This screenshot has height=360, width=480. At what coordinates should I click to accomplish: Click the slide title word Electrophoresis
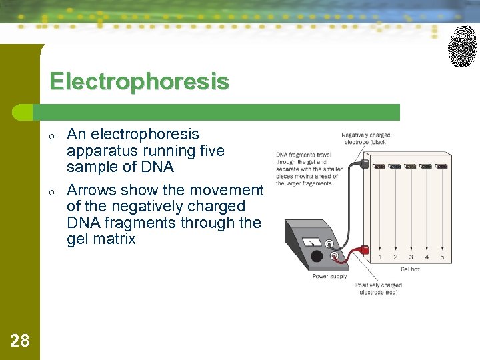[139, 82]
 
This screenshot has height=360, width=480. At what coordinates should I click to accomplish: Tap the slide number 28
[20, 341]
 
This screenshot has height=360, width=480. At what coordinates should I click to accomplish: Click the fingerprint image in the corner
[462, 46]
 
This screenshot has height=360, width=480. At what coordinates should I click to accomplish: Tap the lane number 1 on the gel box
[380, 257]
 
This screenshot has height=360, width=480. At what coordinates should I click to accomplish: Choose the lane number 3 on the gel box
[411, 257]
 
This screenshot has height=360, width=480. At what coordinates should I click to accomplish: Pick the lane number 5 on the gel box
[442, 257]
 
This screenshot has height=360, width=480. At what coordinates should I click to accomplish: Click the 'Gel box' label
[410, 269]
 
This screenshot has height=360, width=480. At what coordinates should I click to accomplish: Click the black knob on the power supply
[317, 256]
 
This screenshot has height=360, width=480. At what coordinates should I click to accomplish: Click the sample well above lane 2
[395, 166]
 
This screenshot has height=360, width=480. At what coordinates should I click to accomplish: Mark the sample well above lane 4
[426, 166]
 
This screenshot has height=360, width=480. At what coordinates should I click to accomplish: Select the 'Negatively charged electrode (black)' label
[365, 138]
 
